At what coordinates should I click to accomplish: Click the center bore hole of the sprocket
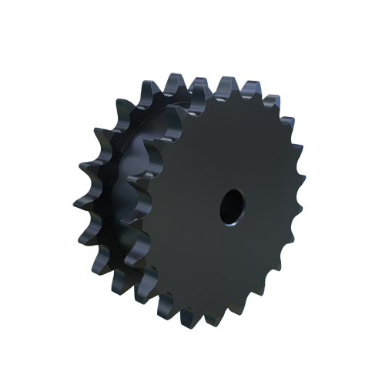pos(230,206)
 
